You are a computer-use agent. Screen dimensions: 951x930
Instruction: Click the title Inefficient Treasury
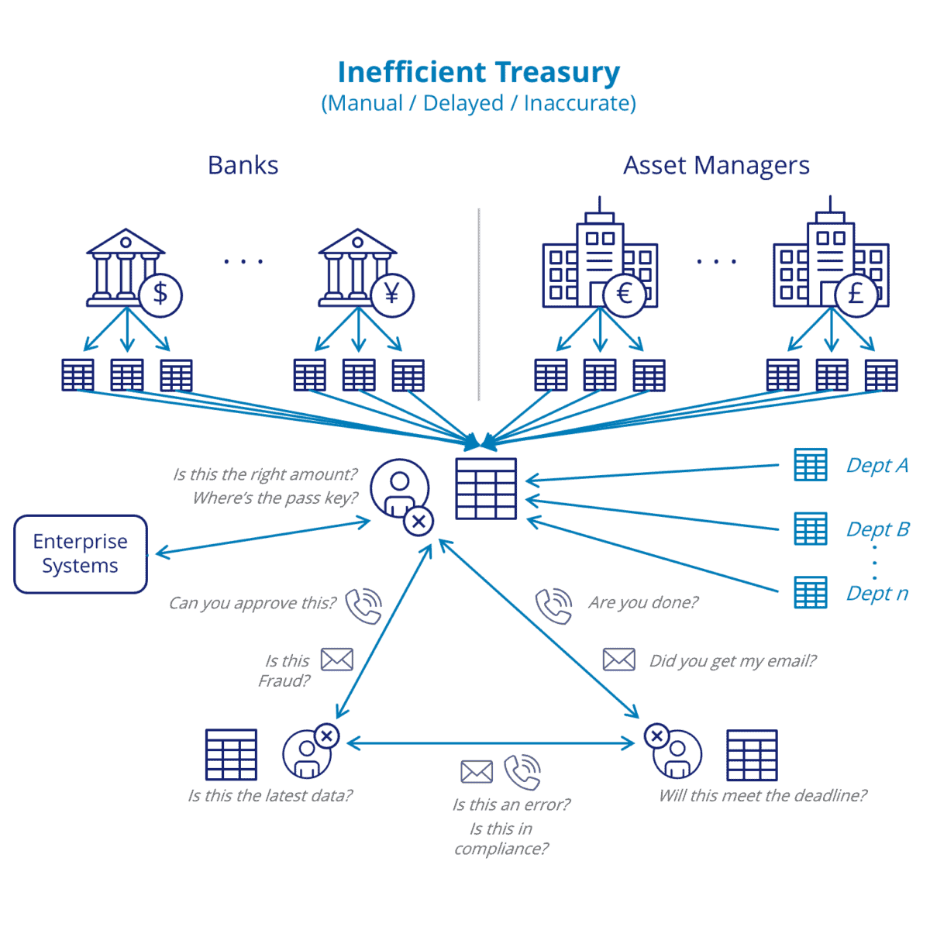[x=478, y=72]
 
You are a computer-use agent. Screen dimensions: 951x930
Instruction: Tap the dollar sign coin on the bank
[x=160, y=295]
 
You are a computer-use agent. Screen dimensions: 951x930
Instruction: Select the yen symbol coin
[x=392, y=295]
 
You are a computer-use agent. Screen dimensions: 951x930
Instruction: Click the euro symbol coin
[x=624, y=295]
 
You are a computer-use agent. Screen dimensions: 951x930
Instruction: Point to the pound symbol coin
[x=856, y=295]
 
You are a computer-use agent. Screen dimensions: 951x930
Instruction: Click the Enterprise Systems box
[x=81, y=553]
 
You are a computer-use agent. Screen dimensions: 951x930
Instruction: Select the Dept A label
[x=877, y=465]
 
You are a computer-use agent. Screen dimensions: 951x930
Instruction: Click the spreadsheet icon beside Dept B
[x=811, y=529]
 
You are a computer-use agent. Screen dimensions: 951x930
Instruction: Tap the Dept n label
[x=877, y=593]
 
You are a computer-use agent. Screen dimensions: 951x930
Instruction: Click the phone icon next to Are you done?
[x=553, y=605]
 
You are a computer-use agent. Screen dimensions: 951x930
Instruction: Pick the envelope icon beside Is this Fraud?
[x=337, y=660]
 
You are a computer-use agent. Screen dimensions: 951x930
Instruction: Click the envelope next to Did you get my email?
[x=618, y=660]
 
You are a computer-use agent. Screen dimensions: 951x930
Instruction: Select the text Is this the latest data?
[x=270, y=795]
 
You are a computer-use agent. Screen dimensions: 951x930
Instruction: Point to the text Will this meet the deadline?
[x=763, y=795]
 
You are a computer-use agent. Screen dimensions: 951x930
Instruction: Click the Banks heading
[x=243, y=165]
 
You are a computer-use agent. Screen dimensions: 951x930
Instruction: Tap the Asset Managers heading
[x=716, y=165]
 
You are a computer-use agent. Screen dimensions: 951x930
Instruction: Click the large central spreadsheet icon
[x=486, y=488]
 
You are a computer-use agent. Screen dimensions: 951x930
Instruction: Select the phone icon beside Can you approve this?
[x=363, y=605]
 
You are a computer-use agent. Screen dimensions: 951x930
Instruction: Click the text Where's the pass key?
[x=275, y=498]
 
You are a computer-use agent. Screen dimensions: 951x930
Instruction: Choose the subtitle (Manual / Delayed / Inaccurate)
[x=478, y=103]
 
